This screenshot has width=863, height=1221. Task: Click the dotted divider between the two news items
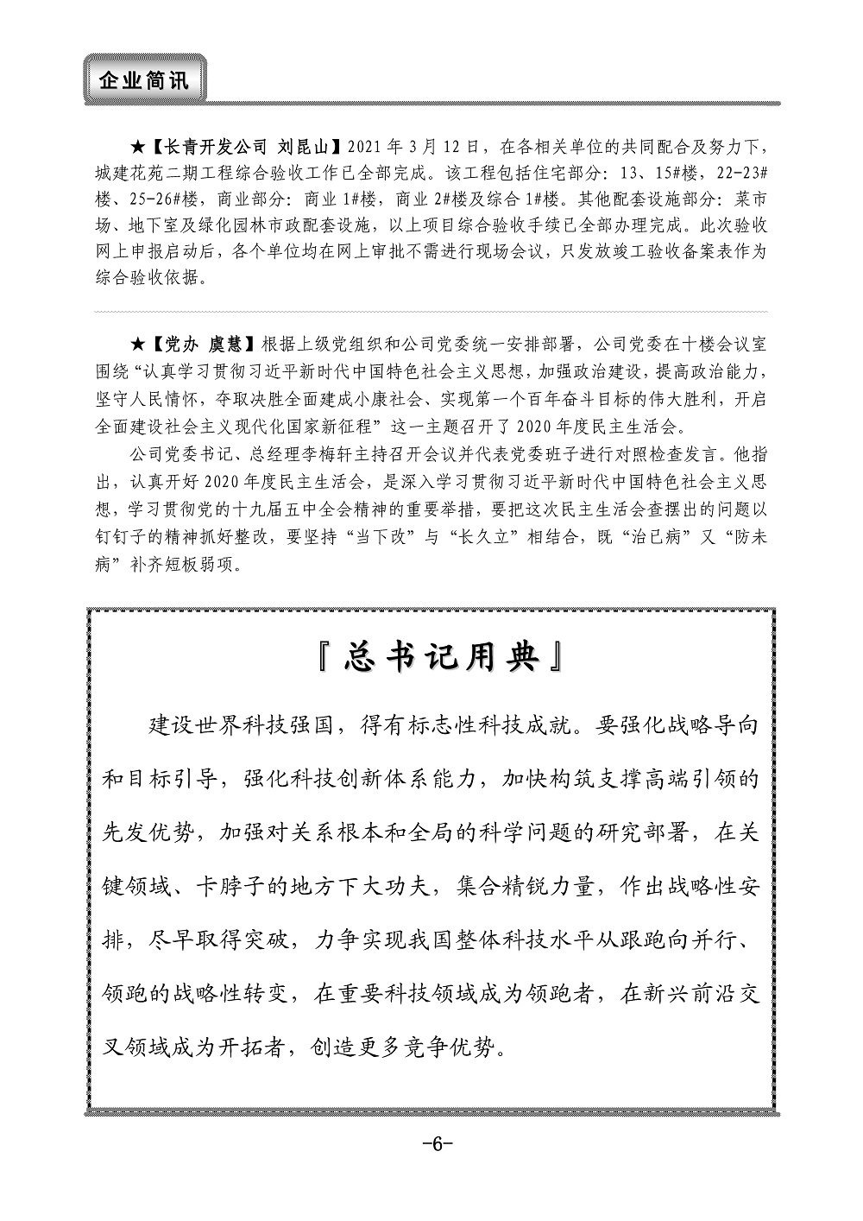pos(431,311)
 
